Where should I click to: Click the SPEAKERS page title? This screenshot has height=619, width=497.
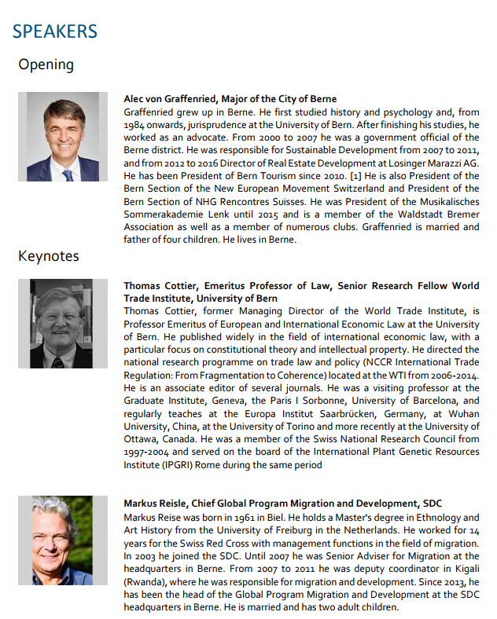click(x=54, y=31)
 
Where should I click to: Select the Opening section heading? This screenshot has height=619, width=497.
click(x=46, y=64)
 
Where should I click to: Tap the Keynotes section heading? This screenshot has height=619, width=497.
click(x=49, y=256)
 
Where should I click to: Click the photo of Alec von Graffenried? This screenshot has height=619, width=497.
click(x=63, y=137)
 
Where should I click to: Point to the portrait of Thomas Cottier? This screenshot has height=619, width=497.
click(x=63, y=324)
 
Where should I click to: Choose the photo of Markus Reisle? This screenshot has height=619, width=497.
click(x=62, y=540)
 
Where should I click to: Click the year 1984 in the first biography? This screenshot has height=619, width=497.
click(x=135, y=125)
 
